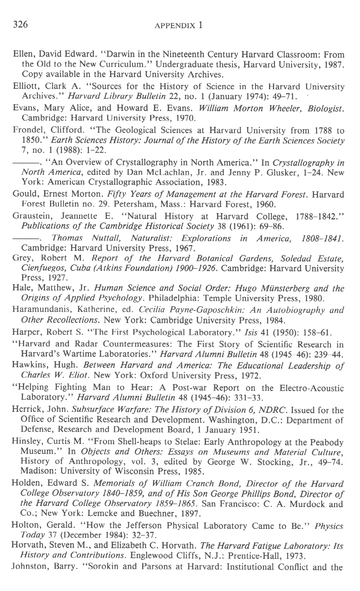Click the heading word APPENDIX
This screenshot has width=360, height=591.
click(x=176, y=25)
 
